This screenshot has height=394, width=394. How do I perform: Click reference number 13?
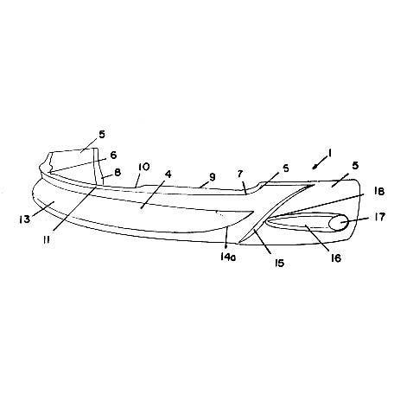coord(24,219)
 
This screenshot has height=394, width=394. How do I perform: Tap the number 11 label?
coord(47,239)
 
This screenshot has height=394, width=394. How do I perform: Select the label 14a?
coord(228,257)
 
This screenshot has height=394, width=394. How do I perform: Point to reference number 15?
coord(279,263)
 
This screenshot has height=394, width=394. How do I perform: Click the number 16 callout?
coord(336,258)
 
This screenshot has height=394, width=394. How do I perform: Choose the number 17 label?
coord(380,217)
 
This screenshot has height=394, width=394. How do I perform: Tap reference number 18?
coord(380,191)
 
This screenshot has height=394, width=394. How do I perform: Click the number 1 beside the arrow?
coord(330,153)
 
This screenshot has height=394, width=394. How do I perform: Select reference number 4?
coord(168,174)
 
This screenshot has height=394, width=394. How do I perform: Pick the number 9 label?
coord(213,177)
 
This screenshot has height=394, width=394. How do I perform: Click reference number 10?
coord(144,167)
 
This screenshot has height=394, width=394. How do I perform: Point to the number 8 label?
coord(118,172)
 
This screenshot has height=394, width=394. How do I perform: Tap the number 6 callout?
coord(113,155)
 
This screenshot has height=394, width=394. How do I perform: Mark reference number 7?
coord(240,174)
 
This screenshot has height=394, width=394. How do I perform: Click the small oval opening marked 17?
coord(339,223)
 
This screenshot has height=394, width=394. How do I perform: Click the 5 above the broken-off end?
coord(102,135)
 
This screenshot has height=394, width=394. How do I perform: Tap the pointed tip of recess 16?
coord(267,221)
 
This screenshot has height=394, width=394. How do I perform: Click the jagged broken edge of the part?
coord(49,162)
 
